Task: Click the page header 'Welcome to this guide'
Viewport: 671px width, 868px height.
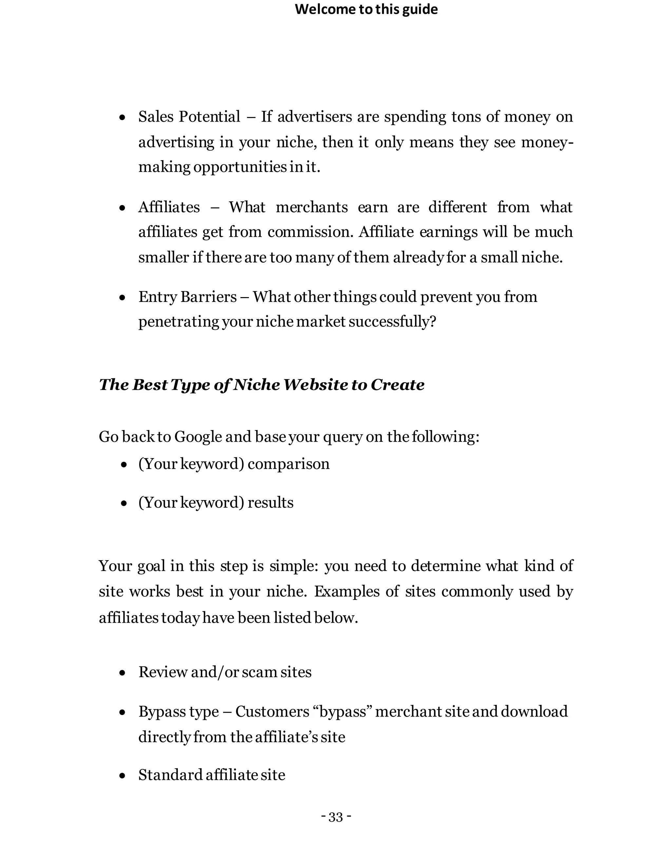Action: [366, 9]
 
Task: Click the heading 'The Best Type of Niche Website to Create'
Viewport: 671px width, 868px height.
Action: [261, 385]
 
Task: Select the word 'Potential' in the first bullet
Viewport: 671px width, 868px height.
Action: [209, 117]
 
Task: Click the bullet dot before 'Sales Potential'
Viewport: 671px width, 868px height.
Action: [123, 118]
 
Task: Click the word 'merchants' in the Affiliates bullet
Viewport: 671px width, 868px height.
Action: [312, 207]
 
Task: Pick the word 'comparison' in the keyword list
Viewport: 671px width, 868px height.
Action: [289, 464]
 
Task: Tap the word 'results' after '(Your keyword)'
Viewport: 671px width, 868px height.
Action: [270, 503]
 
